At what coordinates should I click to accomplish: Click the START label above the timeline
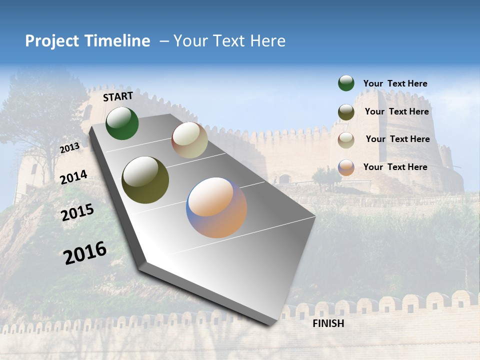tap(118, 96)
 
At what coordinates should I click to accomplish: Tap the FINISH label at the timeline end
tap(328, 323)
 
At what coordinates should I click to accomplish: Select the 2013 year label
tap(69, 148)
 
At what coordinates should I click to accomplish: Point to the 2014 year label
tap(73, 177)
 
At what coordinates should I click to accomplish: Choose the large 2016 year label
tap(85, 252)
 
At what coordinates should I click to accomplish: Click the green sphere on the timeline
tap(122, 123)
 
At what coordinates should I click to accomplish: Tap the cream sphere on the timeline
tap(189, 140)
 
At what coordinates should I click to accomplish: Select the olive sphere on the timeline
tap(145, 180)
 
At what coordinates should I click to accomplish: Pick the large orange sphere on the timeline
tap(216, 207)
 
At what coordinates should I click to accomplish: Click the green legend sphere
tap(346, 83)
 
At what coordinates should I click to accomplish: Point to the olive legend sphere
tap(346, 112)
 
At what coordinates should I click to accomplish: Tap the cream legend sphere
tap(346, 140)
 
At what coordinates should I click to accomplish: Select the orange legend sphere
tap(346, 167)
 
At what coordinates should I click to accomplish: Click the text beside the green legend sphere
tap(395, 84)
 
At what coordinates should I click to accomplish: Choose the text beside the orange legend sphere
tap(395, 167)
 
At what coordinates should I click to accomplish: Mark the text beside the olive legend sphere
tap(396, 112)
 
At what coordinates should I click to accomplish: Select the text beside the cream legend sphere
tap(397, 139)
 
